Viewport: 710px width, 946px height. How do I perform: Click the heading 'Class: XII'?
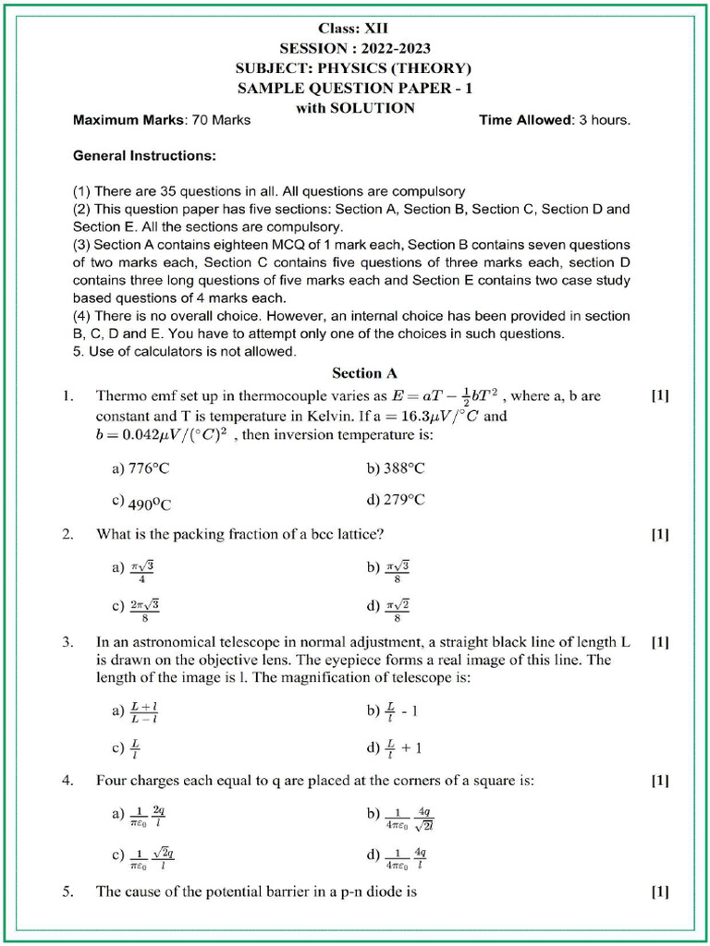pos(355,30)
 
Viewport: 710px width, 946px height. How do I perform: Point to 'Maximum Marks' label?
pos(129,120)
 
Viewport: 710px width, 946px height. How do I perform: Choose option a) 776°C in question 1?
pos(141,468)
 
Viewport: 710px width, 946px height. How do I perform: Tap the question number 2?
pos(68,534)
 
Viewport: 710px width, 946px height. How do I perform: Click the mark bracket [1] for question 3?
pos(660,640)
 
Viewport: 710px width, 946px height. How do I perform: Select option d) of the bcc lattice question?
pos(388,610)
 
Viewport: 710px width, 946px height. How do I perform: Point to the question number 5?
pos(68,892)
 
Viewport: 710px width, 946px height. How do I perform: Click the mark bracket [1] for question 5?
pos(660,892)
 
